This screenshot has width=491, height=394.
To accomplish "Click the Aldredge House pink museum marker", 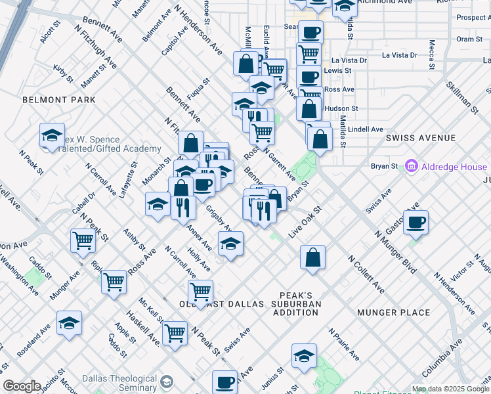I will point(412,167).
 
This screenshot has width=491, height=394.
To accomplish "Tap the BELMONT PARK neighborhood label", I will point(59,100).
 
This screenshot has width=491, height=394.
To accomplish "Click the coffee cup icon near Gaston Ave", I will point(416,223).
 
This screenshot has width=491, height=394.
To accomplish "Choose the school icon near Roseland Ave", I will point(69,323).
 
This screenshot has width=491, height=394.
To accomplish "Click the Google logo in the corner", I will point(22,386).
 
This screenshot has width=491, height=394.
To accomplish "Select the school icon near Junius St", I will point(304,356).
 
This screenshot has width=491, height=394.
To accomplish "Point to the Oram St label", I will point(469,39).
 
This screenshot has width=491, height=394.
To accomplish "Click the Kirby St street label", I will point(63,74).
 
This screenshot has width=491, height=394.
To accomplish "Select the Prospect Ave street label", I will point(471,18).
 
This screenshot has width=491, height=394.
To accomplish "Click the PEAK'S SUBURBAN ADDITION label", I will point(300,304).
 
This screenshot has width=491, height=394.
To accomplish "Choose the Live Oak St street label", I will point(305,223).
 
